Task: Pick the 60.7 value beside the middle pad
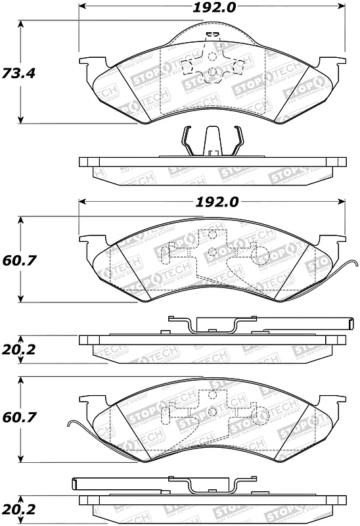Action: [x=18, y=260]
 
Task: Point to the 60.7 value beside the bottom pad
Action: [x=18, y=418]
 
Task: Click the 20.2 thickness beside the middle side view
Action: [x=18, y=349]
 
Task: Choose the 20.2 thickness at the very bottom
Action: [x=18, y=509]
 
